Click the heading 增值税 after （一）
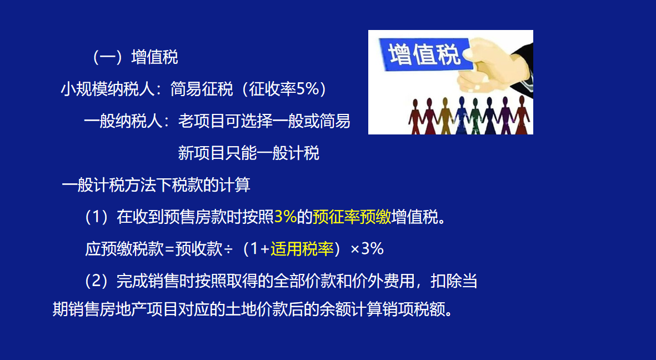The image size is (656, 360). tap(154, 57)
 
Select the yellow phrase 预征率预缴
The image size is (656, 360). tap(352, 217)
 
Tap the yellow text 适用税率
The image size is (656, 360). tap(302, 249)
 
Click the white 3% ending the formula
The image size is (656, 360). tap(373, 249)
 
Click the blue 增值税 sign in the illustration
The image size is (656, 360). tap(425, 56)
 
